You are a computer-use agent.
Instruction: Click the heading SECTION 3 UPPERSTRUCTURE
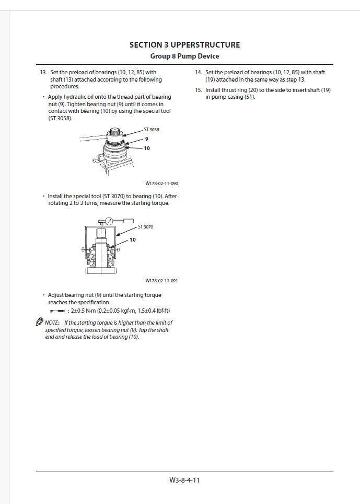tap(184, 45)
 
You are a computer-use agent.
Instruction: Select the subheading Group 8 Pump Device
tap(184, 56)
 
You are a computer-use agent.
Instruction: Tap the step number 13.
tap(43, 73)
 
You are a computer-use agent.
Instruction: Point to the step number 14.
tap(199, 73)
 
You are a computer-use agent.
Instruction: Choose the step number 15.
tap(199, 90)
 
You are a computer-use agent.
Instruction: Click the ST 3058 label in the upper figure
tap(152, 130)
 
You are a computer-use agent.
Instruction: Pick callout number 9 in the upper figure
tap(147, 139)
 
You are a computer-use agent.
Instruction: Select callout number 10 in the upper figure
tap(147, 148)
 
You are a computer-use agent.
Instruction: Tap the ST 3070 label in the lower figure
tap(145, 227)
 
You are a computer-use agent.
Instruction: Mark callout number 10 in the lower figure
tap(133, 239)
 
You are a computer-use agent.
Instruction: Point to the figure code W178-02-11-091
tap(161, 281)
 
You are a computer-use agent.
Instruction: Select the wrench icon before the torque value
tap(56, 311)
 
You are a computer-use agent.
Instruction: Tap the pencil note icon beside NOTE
tap(39, 322)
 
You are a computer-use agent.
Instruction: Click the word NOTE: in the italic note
tap(52, 323)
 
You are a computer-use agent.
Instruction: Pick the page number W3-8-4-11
tap(184, 480)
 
